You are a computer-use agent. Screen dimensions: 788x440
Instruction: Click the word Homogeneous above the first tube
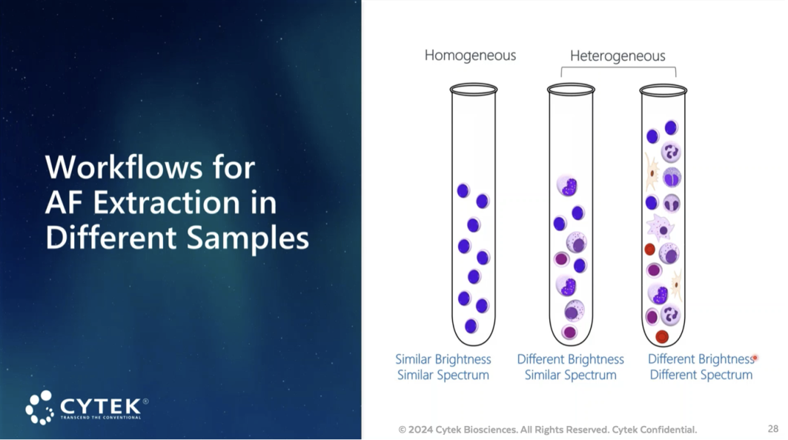tap(470, 56)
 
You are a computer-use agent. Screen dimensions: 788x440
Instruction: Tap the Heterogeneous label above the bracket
tap(618, 56)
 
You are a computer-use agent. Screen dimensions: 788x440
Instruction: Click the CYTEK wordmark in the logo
tap(101, 405)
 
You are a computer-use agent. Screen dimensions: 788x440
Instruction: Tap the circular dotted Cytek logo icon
tap(40, 407)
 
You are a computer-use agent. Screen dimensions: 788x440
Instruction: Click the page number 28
tap(773, 428)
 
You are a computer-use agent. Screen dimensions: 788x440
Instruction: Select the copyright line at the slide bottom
tap(547, 430)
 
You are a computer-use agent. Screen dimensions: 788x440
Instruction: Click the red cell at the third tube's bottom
tap(663, 336)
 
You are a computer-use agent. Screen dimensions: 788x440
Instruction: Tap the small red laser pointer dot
tap(755, 358)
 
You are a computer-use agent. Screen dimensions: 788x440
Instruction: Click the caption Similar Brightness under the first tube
tap(443, 359)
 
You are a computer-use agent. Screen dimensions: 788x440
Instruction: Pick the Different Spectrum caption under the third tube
tap(701, 375)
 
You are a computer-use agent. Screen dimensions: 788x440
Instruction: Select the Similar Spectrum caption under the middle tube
tap(570, 375)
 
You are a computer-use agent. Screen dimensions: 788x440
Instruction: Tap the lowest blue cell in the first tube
tap(471, 326)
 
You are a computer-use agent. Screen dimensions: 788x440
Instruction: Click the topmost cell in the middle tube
tap(567, 186)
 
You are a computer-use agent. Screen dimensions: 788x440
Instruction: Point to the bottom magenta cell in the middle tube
tap(569, 332)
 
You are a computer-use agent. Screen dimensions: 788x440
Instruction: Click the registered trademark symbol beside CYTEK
tap(146, 401)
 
